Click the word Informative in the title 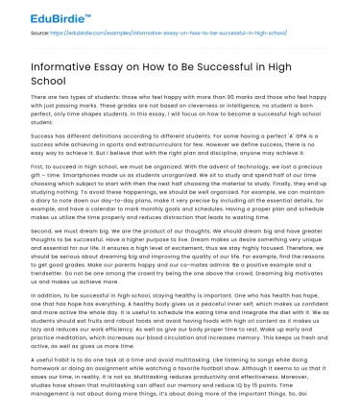pos(64,65)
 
